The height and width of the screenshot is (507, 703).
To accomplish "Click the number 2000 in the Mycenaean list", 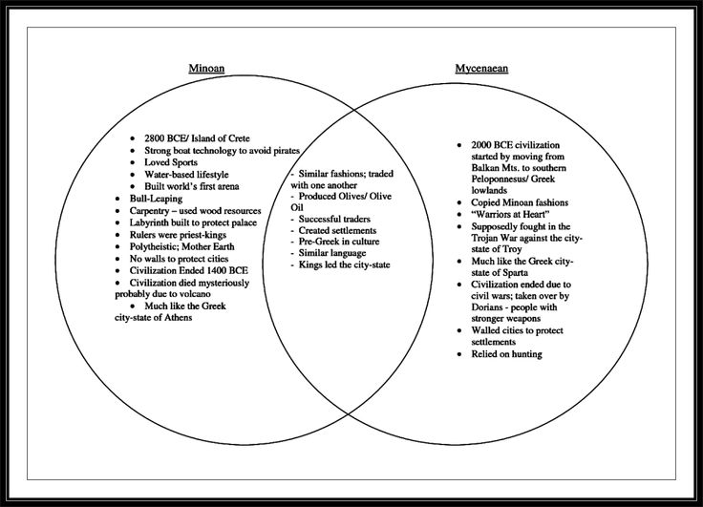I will click(x=483, y=143).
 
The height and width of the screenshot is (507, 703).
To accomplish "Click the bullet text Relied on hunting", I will click(x=506, y=354).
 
